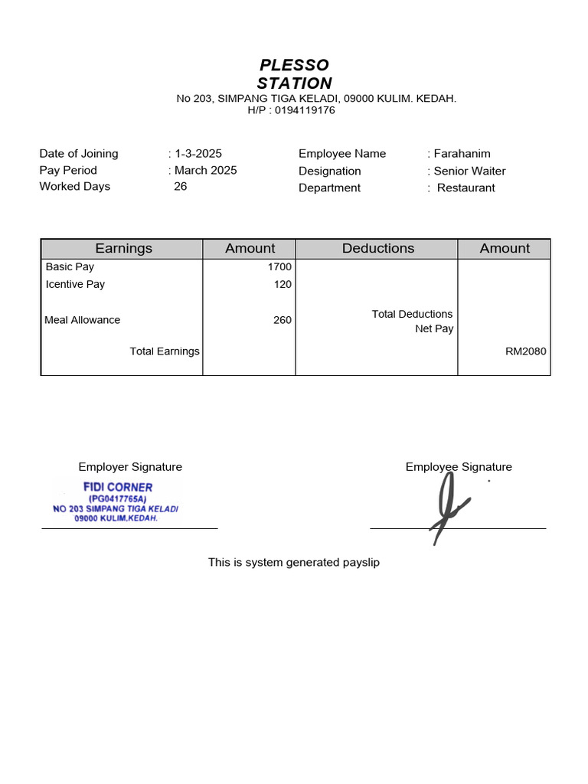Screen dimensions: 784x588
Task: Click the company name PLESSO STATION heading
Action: pos(294,74)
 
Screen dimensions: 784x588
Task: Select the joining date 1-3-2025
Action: pos(198,154)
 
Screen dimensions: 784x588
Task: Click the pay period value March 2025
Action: pos(205,171)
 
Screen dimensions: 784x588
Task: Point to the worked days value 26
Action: pos(181,187)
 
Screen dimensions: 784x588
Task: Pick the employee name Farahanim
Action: pos(462,154)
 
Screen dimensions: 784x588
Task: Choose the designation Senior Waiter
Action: pos(469,171)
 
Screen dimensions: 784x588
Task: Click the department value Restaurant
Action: pos(465,188)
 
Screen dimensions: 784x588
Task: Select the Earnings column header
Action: pos(123,249)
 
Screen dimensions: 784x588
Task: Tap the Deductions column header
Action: pos(378,249)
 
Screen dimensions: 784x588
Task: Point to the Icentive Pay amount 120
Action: pos(283,285)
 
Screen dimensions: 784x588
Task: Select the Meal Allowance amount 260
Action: pos(283,320)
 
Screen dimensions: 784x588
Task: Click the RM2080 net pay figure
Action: pos(525,351)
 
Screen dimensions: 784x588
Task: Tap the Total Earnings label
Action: pos(165,351)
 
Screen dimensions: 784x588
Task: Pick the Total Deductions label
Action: pos(412,314)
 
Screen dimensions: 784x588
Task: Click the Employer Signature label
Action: pos(130,467)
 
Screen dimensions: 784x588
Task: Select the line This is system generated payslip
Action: pos(294,563)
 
